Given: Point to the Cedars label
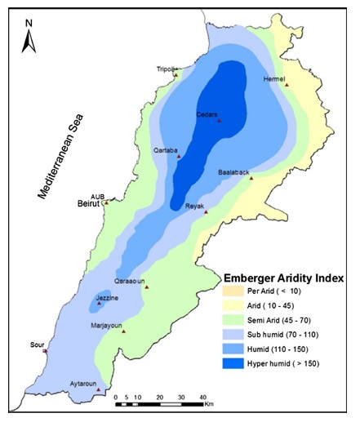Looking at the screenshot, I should [207, 114].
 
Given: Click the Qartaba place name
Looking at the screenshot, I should [166, 149].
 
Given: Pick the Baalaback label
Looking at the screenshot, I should [234, 172].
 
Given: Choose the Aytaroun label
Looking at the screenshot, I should [82, 383].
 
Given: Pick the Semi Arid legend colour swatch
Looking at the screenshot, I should [234, 319].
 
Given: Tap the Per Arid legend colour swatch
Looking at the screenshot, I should [234, 290].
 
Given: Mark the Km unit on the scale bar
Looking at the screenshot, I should [210, 403].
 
